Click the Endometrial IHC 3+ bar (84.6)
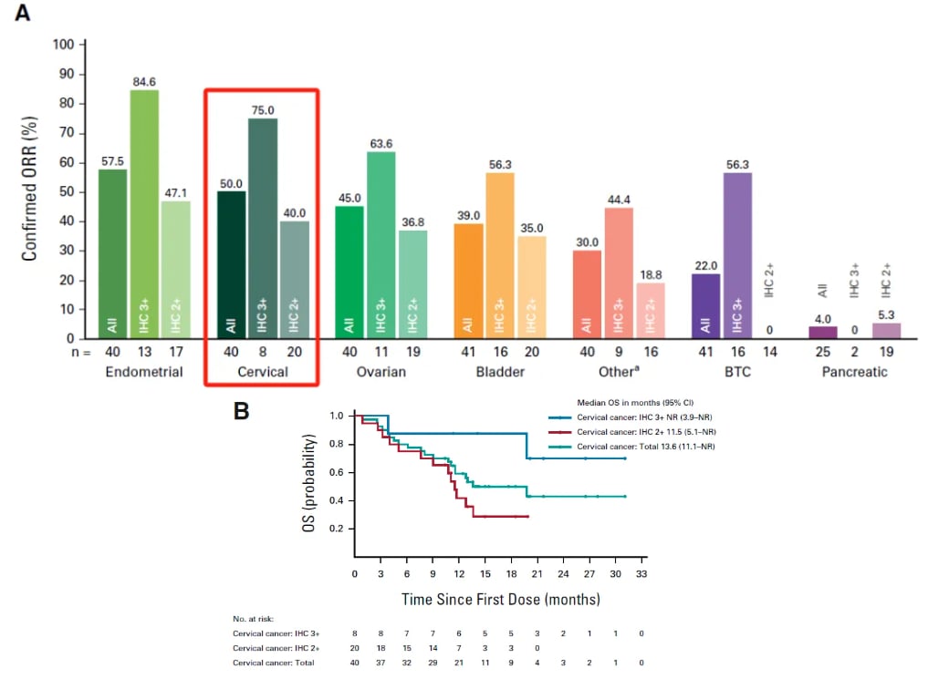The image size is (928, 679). click(143, 214)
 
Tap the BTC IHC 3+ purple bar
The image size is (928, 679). click(737, 255)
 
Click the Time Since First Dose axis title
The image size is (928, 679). click(501, 599)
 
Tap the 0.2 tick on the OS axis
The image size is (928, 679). click(337, 530)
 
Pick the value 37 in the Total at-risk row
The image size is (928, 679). click(381, 663)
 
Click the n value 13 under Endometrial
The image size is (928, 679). click(143, 351)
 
